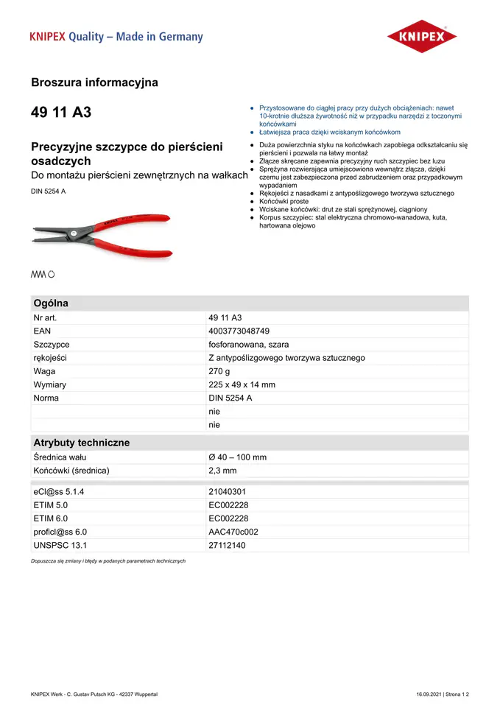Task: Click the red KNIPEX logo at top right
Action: tap(421, 36)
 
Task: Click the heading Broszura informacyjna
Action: tap(94, 82)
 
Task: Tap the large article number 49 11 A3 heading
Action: tap(61, 113)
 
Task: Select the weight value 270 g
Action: tap(219, 371)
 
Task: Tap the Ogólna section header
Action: tap(51, 303)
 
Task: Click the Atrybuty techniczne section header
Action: tap(81, 443)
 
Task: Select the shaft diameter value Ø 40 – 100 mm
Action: tap(237, 457)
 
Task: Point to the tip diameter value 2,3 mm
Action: tap(222, 471)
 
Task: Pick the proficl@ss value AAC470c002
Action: tap(233, 532)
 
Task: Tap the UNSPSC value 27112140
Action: tap(228, 545)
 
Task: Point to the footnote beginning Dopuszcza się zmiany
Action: tap(108, 561)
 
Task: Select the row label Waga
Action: tap(44, 371)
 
